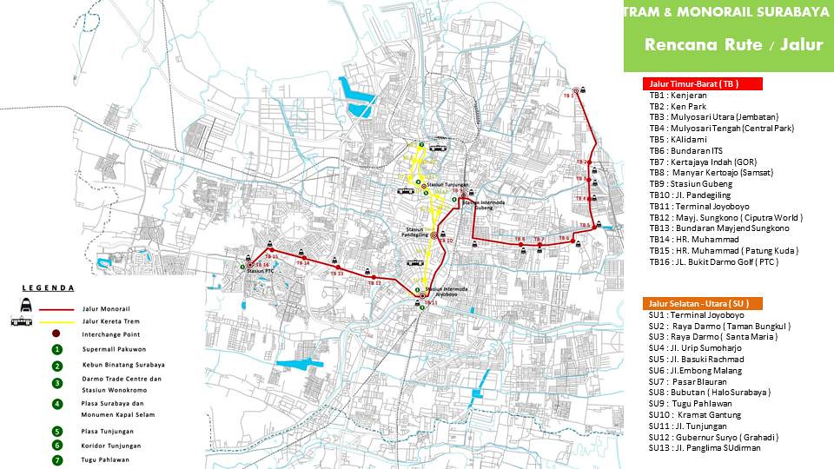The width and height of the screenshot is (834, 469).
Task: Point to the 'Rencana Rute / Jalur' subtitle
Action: pyautogui.click(x=733, y=45)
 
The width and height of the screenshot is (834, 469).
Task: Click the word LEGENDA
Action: pyautogui.click(x=48, y=287)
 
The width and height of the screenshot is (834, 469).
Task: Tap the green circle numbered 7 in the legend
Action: pyautogui.click(x=57, y=459)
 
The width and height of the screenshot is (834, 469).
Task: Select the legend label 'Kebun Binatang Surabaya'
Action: pyautogui.click(x=123, y=365)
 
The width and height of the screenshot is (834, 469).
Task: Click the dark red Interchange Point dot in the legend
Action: pyautogui.click(x=57, y=334)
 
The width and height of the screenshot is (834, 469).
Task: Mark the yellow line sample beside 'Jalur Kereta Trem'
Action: pyautogui.click(x=56, y=321)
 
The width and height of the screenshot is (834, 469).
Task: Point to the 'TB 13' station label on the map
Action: pyautogui.click(x=337, y=274)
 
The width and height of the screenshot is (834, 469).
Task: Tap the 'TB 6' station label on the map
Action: pyautogui.click(x=519, y=238)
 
